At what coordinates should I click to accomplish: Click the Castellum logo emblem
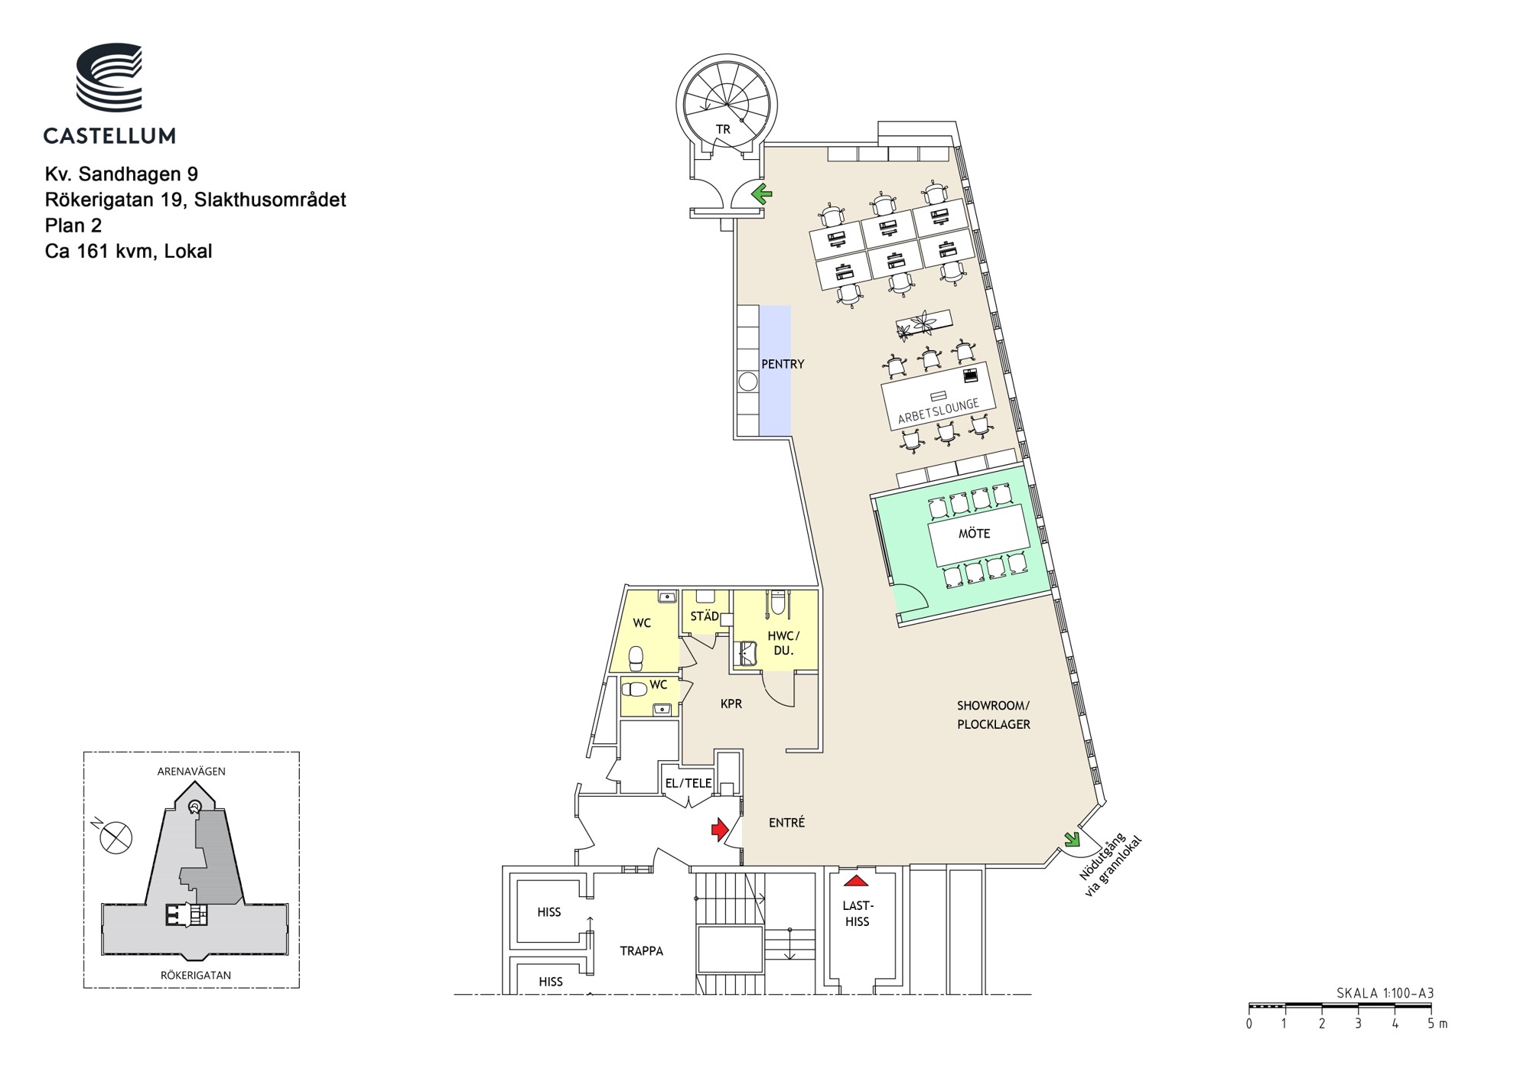(x=109, y=77)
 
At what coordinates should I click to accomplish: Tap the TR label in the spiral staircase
(x=723, y=130)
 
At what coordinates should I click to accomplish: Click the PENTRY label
(x=783, y=365)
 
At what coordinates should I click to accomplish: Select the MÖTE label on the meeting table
(x=975, y=534)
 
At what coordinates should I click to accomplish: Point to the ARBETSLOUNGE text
(x=939, y=411)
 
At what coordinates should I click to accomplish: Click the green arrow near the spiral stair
(x=761, y=194)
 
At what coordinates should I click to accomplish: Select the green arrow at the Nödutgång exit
(x=1070, y=839)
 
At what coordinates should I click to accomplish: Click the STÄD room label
(x=705, y=616)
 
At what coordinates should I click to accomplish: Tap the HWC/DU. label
(x=783, y=643)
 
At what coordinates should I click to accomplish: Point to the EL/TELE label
(x=688, y=783)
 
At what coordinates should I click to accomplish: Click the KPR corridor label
(x=731, y=703)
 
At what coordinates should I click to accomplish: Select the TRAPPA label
(x=641, y=951)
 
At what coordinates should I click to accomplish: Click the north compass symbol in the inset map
(x=115, y=837)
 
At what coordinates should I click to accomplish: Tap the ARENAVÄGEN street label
(x=191, y=772)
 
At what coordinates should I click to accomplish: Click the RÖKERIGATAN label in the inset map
(x=196, y=976)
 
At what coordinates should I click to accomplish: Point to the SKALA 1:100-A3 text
(x=1385, y=993)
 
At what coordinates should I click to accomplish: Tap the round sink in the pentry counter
(x=748, y=382)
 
